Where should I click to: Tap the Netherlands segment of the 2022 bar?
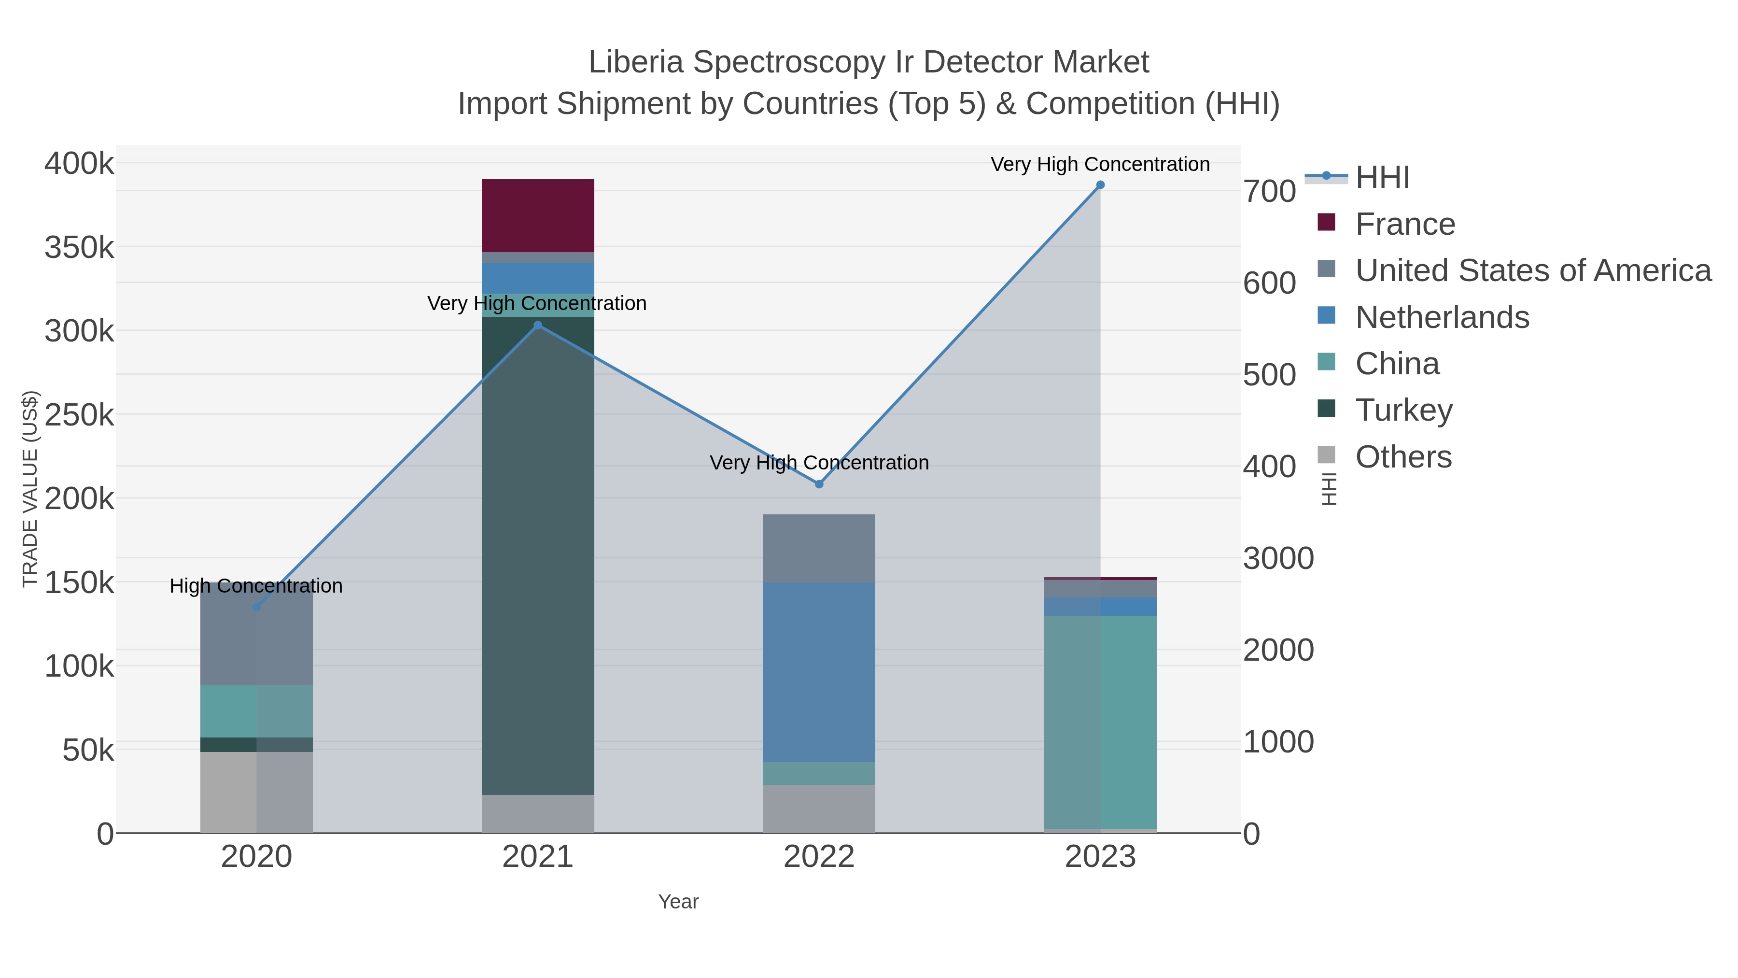(x=818, y=672)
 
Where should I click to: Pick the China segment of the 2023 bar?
(x=1100, y=722)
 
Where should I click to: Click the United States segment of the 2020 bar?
(x=256, y=641)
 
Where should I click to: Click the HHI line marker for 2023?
(x=1100, y=185)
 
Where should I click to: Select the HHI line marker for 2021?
(x=538, y=326)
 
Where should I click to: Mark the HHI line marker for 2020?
(x=256, y=608)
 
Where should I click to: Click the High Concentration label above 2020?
(x=256, y=586)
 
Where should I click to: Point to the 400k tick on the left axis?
(x=79, y=163)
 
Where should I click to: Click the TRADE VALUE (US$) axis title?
(x=29, y=489)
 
